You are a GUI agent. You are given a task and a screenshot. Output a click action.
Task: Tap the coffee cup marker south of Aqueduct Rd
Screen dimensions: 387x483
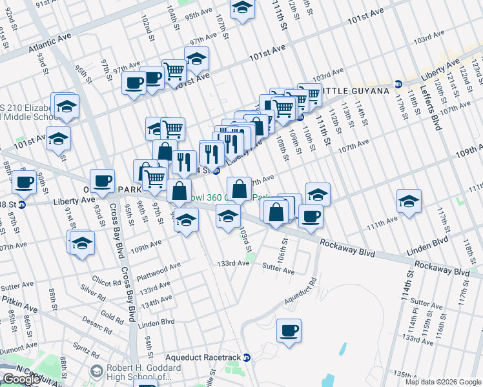click(x=289, y=330)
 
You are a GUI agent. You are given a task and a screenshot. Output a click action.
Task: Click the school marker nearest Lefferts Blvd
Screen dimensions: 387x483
click(x=409, y=201)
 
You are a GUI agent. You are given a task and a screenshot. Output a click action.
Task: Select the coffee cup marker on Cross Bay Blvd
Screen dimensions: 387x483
click(x=103, y=181)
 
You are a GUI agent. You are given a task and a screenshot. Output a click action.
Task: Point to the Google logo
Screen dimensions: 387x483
click(x=22, y=379)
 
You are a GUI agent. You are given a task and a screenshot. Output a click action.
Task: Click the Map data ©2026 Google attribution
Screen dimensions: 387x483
click(x=443, y=382)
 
